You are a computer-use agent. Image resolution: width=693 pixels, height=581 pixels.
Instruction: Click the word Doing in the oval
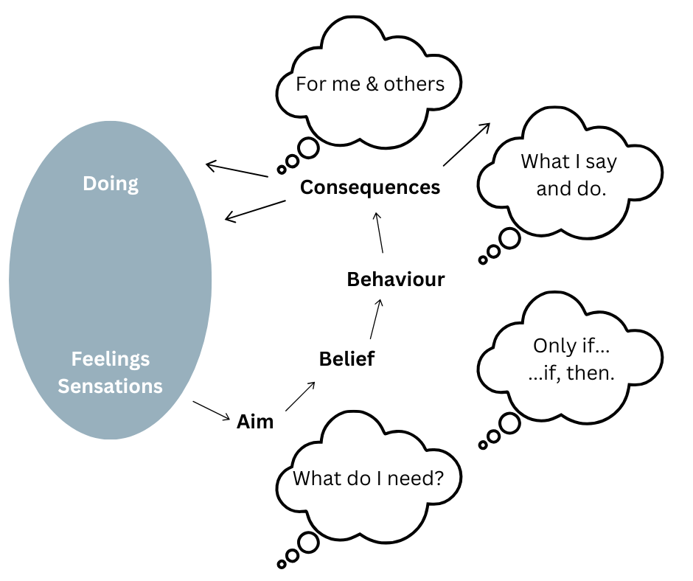[111, 183]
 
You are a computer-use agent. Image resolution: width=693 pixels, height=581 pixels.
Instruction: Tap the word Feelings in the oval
[111, 359]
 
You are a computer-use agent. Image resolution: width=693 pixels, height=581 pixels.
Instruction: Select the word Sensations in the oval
[111, 386]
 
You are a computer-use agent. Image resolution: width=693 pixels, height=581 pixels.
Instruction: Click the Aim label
[255, 422]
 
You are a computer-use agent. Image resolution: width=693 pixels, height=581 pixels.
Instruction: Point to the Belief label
[346, 359]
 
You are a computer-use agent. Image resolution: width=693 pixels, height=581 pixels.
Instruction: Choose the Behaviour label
[396, 279]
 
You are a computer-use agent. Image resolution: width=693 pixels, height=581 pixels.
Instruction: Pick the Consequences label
[370, 187]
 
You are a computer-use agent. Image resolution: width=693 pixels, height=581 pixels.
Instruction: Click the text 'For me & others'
[370, 83]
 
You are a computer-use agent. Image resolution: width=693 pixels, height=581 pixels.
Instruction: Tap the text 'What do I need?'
[368, 479]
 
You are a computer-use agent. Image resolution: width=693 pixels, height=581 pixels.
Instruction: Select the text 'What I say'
[568, 162]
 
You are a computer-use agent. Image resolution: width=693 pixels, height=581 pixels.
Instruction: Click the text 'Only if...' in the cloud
[571, 346]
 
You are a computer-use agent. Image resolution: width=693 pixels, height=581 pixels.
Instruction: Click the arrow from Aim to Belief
[301, 397]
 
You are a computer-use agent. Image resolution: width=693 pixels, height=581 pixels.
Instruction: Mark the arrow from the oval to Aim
[212, 411]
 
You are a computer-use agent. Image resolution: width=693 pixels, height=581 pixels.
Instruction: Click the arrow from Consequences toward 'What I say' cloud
[467, 144]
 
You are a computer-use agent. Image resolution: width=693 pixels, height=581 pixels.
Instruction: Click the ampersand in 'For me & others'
[372, 84]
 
